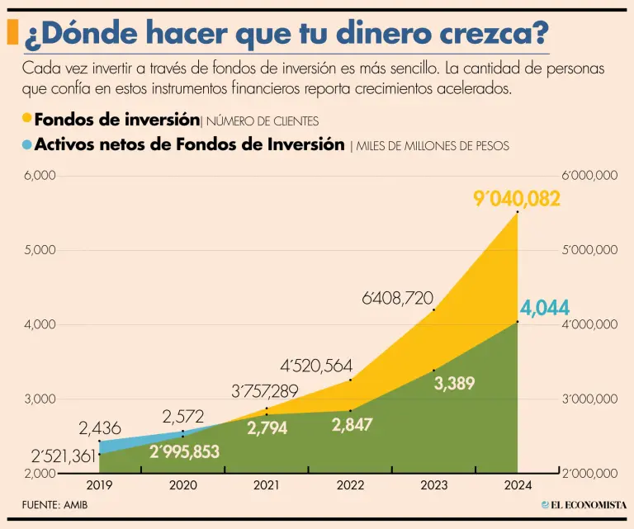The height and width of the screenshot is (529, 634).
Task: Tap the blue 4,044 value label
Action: [x=545, y=309]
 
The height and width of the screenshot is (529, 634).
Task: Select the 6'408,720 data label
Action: [x=397, y=298]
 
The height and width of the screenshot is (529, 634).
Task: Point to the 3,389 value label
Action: [x=455, y=383]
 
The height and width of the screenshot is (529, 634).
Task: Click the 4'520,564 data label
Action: [x=318, y=366]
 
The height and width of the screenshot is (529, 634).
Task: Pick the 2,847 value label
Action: [x=352, y=425]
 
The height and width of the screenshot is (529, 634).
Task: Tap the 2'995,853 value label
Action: [x=185, y=451]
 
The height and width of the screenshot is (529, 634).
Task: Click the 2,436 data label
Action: [x=100, y=428]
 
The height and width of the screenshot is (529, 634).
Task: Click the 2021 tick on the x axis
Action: [x=267, y=485]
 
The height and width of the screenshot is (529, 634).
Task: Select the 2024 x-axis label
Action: [x=517, y=485]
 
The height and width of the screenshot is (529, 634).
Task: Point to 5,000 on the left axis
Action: [x=39, y=249]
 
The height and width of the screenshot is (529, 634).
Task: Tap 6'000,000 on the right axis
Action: [x=589, y=175]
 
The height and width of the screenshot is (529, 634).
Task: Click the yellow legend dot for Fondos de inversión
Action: [x=27, y=119]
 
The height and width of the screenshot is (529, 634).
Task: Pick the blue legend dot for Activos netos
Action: [x=27, y=144]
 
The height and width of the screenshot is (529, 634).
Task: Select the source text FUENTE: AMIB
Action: [x=54, y=504]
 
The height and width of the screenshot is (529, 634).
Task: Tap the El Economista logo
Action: [x=584, y=504]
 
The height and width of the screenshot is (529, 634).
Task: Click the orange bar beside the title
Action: [x=12, y=32]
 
